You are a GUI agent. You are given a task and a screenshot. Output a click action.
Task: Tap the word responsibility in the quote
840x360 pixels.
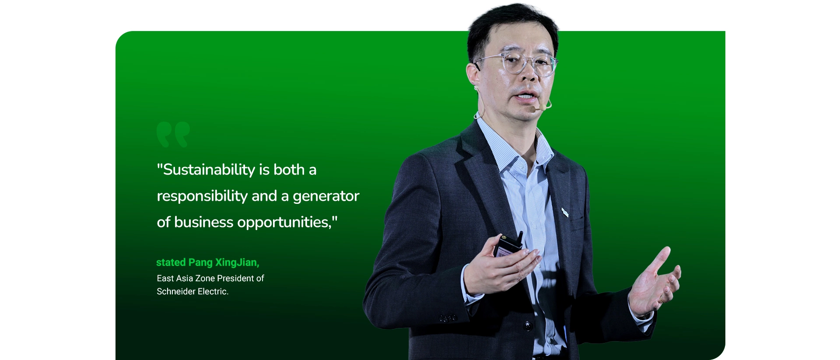(202, 196)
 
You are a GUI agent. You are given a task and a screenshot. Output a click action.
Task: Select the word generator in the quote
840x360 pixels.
(326, 196)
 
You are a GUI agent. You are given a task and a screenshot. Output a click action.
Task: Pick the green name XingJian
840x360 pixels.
(237, 262)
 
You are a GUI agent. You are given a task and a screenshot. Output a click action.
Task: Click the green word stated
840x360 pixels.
(171, 262)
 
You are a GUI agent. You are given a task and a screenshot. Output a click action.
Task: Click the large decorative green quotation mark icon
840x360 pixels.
(173, 134)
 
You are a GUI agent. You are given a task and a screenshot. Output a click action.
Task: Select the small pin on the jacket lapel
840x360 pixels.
(565, 213)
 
